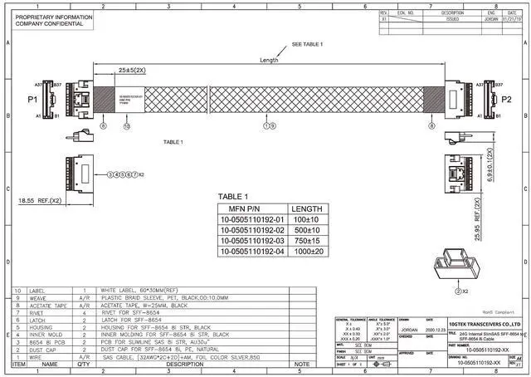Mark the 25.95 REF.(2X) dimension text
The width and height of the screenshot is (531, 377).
tap(490, 218)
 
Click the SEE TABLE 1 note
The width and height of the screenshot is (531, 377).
tap(308, 43)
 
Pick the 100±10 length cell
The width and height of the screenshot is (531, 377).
tap(307, 219)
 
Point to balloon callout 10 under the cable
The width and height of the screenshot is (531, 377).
tap(127, 127)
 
